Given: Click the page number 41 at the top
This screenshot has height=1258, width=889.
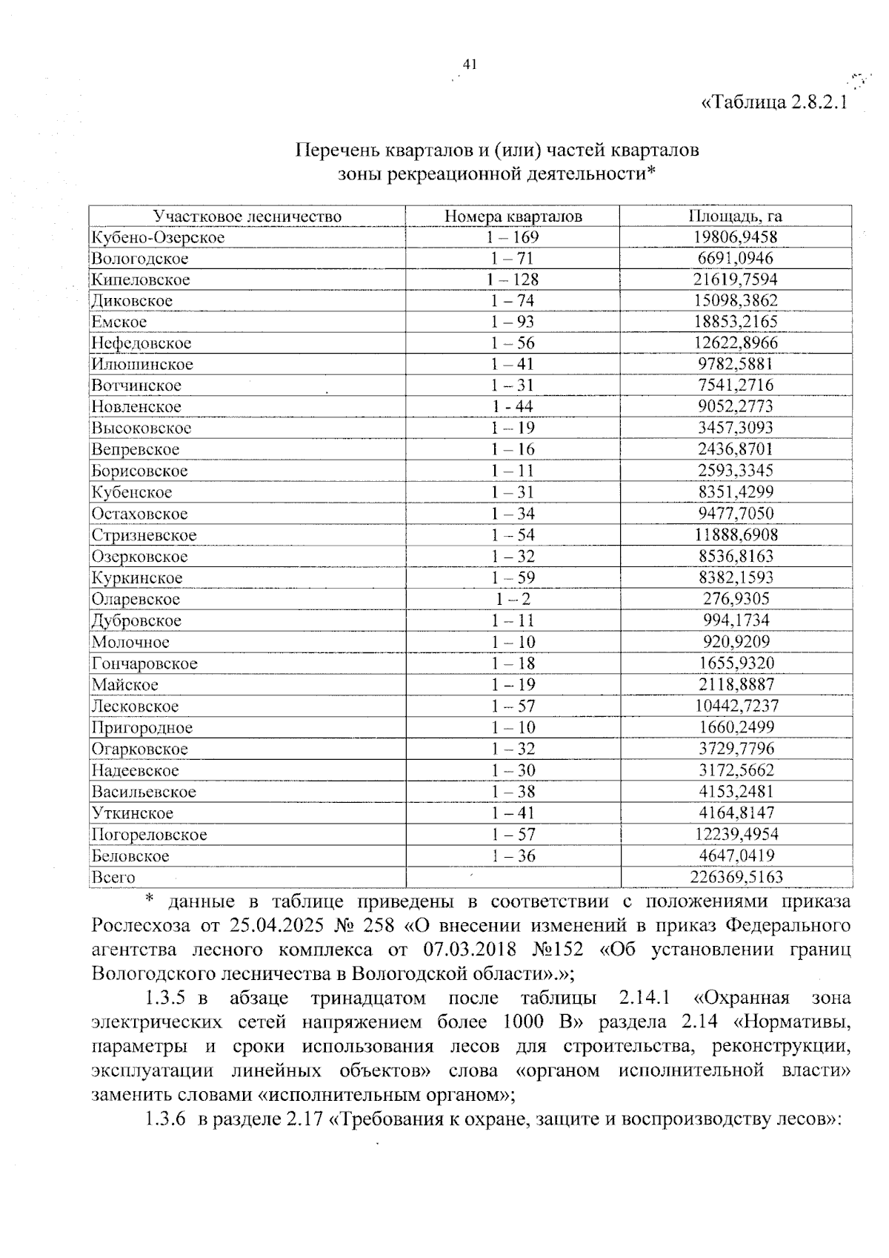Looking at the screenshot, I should [x=468, y=64].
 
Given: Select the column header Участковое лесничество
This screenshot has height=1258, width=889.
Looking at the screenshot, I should [x=247, y=216].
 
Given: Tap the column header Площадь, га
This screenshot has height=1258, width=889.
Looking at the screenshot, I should [x=735, y=216].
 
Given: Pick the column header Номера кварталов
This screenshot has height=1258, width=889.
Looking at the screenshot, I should [x=513, y=216].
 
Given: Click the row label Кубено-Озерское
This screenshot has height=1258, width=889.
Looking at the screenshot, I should [x=158, y=238].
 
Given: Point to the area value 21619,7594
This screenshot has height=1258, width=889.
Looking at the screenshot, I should [x=735, y=279].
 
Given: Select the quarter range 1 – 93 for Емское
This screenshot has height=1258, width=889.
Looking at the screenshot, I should [x=513, y=322].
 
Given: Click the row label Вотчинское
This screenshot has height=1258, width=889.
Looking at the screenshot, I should [x=136, y=386].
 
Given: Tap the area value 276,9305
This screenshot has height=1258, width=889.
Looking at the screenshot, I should [x=736, y=599].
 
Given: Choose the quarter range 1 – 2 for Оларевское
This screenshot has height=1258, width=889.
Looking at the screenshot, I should [x=513, y=599].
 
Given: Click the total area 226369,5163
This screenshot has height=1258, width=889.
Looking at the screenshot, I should [x=736, y=878].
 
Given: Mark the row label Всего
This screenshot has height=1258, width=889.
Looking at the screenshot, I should [x=113, y=878].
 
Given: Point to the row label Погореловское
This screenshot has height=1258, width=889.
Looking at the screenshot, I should [x=149, y=835].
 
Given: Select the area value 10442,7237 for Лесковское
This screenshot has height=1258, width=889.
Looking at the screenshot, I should [x=736, y=706].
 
